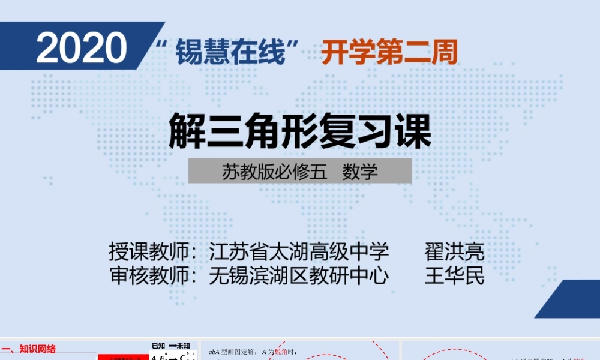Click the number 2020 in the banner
[x=82, y=49]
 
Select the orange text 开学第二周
[x=389, y=53]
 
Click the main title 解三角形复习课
[x=300, y=132]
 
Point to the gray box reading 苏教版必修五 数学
[x=300, y=171]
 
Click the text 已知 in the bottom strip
[x=158, y=346]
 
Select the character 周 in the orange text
[x=445, y=53]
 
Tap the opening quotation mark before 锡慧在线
[x=161, y=45]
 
